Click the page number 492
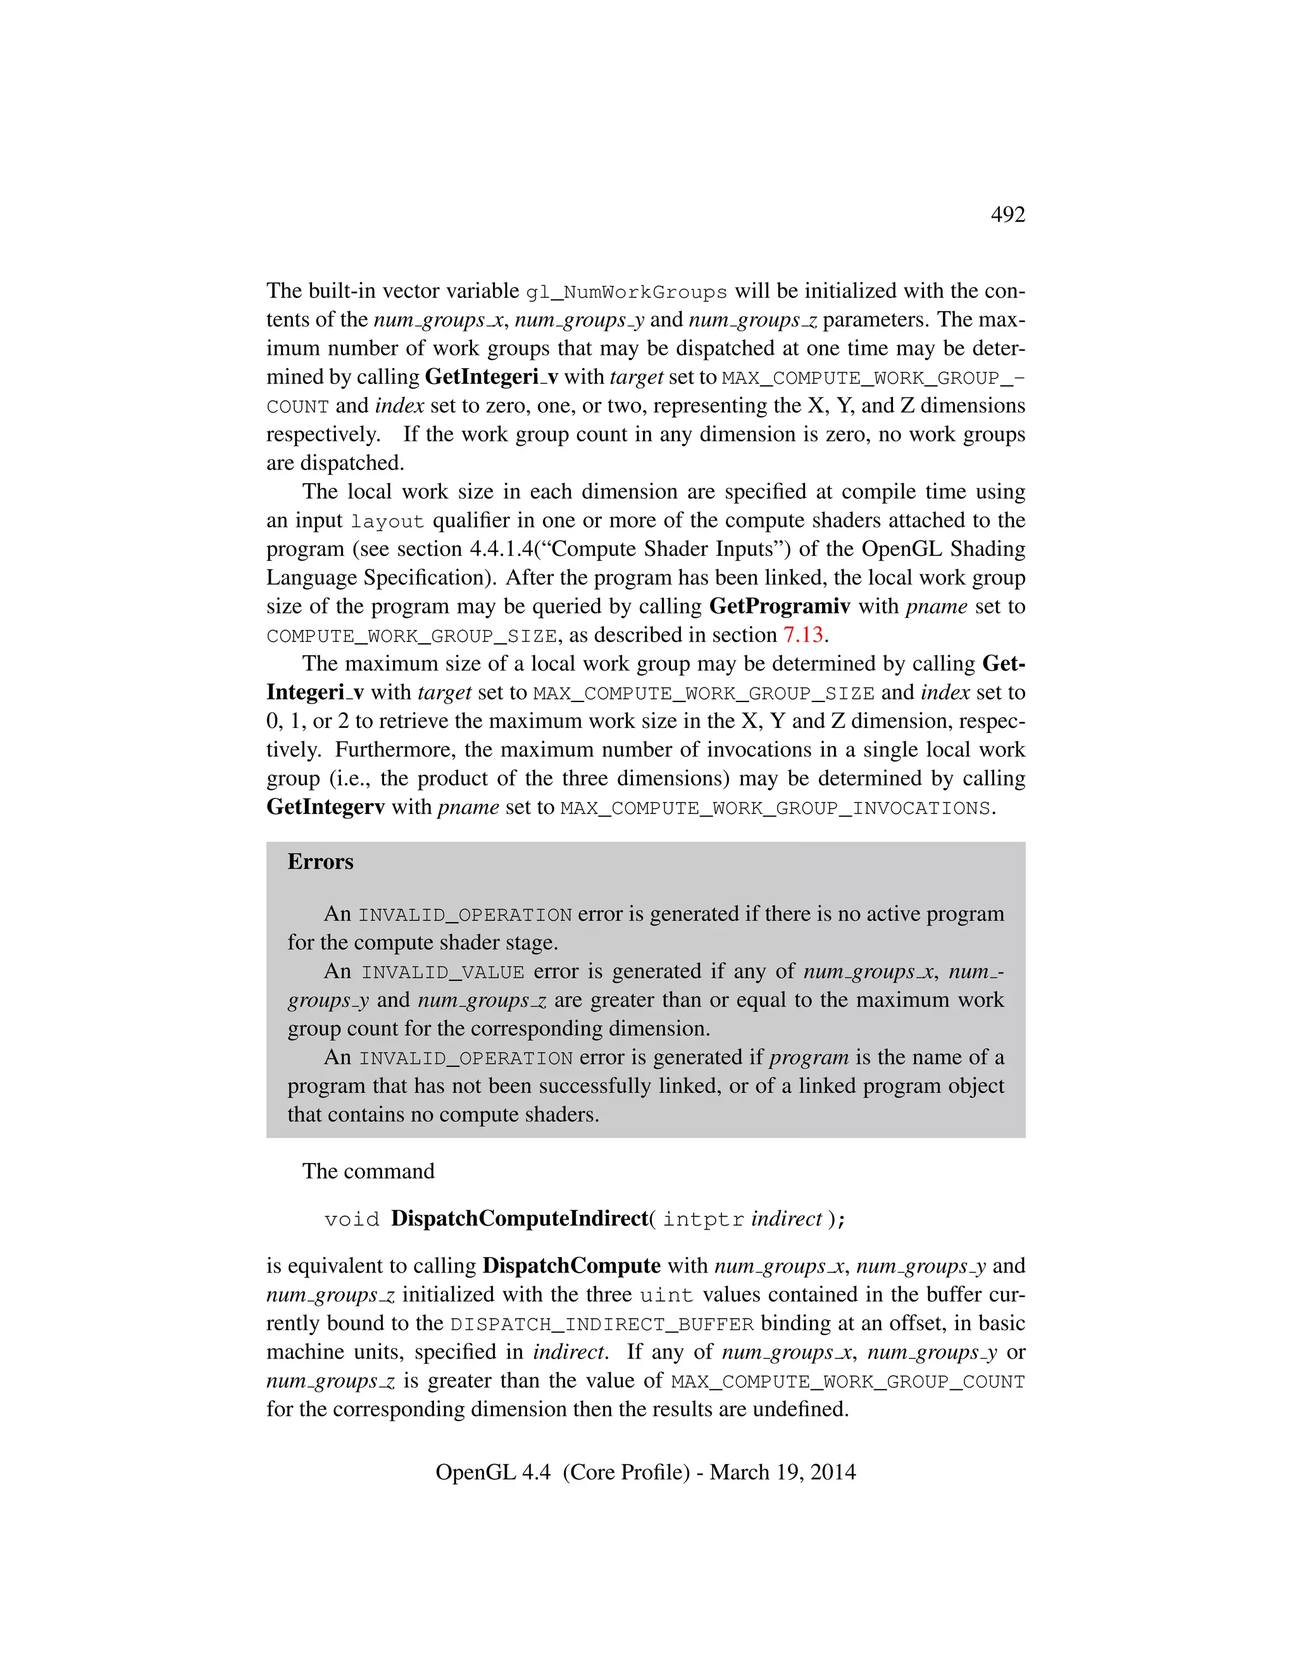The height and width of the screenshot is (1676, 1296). click(x=1007, y=214)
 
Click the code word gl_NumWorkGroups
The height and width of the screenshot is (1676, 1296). click(x=626, y=292)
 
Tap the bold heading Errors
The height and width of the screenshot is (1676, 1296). click(x=320, y=862)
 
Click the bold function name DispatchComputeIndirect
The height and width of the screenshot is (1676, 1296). click(x=519, y=1219)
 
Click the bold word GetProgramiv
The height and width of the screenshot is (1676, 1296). click(x=779, y=607)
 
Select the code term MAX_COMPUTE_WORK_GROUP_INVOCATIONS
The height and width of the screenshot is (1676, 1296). click(x=775, y=809)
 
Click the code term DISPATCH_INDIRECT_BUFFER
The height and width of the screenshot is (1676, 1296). click(x=602, y=1325)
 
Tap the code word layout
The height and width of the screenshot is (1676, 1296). click(x=387, y=522)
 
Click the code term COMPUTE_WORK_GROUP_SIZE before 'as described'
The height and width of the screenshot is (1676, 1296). click(x=411, y=637)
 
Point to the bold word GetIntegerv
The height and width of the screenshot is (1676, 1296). click(x=325, y=807)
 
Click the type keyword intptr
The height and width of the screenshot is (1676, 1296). click(x=703, y=1219)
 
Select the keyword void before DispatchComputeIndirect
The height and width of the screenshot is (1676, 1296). click(x=352, y=1219)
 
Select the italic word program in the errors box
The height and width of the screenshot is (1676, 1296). click(x=809, y=1057)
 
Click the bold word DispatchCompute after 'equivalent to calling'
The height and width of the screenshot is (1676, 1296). click(x=571, y=1266)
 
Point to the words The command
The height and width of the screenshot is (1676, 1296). click(x=368, y=1171)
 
